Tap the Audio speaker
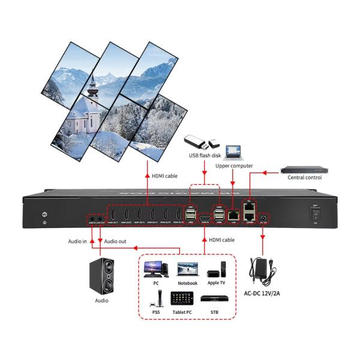[101, 273]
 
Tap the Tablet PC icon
[182, 298]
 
